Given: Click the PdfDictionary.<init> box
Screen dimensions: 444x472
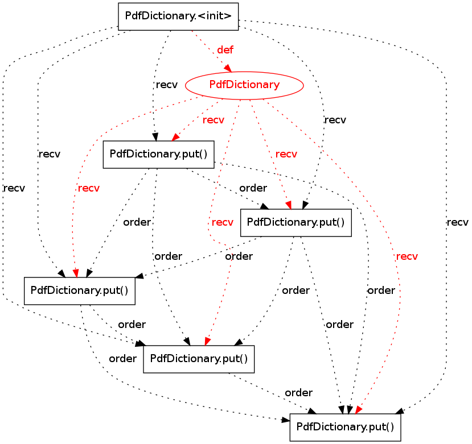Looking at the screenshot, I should point(178,16).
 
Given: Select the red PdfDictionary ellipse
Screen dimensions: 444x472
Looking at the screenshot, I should point(244,85).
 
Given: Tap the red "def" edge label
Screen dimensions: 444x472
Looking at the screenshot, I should point(225,50).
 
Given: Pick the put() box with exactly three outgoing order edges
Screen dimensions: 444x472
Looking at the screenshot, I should point(296,222).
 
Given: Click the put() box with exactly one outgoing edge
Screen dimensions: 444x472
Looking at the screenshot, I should point(198,359).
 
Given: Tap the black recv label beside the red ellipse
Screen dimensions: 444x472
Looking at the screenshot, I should point(166,85).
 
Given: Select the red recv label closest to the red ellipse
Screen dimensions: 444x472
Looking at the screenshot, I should point(214,120).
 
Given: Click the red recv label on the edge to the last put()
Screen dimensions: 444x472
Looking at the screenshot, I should point(407,256).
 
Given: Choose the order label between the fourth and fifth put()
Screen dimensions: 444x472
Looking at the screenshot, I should point(298,392).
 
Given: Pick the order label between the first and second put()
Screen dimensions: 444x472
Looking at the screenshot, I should point(253,188).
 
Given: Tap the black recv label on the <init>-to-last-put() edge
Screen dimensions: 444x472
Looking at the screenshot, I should point(457,222).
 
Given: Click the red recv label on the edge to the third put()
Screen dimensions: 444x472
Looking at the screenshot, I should point(88,188).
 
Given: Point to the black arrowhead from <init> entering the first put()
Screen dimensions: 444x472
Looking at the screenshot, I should point(154,136).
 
